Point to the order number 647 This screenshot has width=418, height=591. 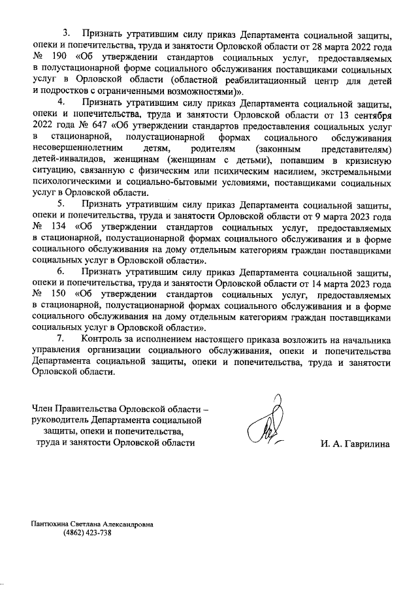click(95, 126)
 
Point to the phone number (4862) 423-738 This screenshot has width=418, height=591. click(88, 533)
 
